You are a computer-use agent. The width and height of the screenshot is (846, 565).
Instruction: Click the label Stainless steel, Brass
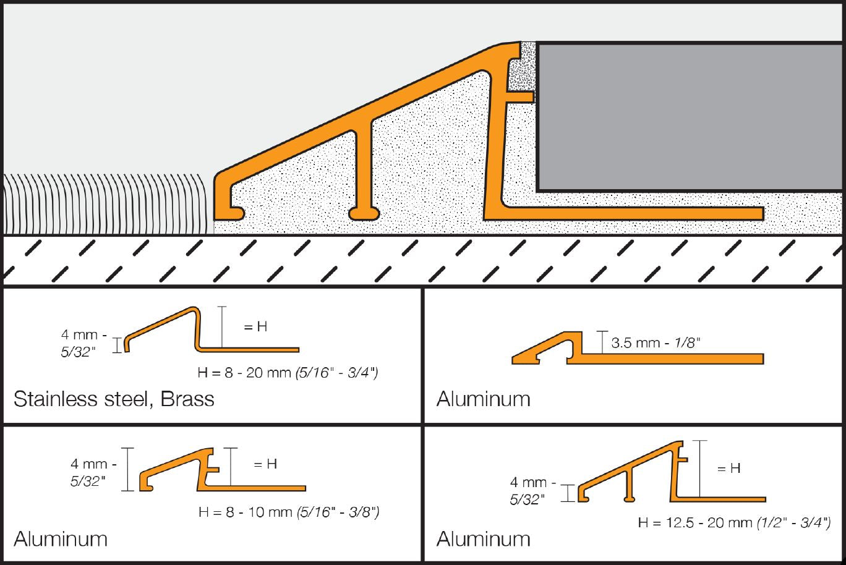click(x=114, y=399)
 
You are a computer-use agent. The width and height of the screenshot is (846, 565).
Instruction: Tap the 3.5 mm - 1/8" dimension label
click(x=656, y=343)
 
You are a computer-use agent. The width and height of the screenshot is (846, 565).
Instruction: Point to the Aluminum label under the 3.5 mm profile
click(x=483, y=399)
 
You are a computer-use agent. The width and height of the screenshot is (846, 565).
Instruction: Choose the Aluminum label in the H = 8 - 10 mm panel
click(x=61, y=538)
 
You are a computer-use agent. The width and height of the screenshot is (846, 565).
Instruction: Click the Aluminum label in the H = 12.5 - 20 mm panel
click(x=483, y=538)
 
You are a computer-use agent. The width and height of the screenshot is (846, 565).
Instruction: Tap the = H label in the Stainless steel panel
click(x=255, y=327)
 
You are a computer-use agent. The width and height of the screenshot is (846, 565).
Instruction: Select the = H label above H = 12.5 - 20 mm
click(x=728, y=469)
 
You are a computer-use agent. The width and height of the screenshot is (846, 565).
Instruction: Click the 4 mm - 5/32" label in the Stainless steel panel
click(x=80, y=343)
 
